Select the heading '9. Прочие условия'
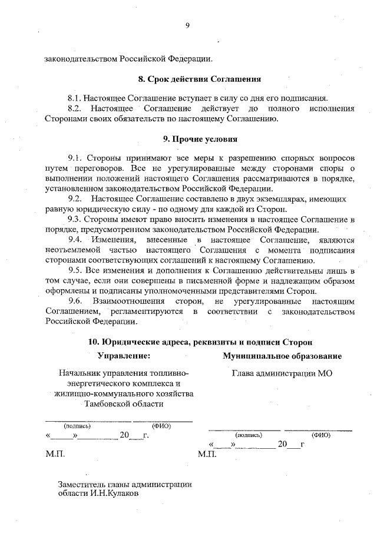200,140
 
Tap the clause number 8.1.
76,98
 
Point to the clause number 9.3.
77,219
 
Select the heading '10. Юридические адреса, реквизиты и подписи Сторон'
200,342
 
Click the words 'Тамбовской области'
123,404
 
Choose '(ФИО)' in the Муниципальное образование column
321,435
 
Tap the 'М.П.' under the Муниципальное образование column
208,455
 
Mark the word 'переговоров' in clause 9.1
97,168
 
